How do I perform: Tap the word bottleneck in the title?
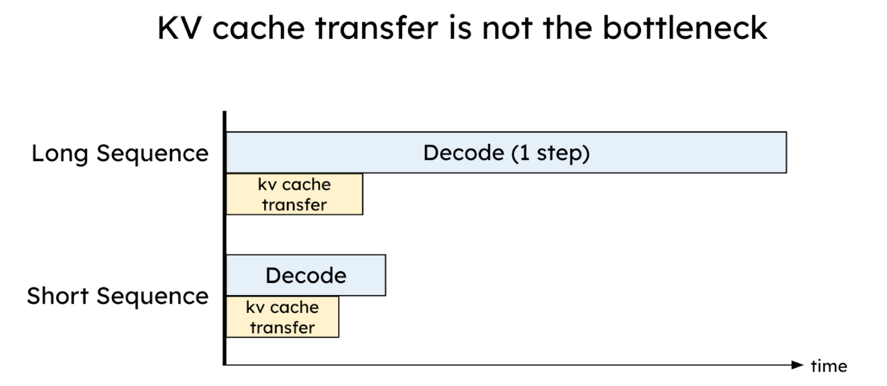685,28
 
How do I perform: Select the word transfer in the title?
376,28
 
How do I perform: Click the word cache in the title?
259,28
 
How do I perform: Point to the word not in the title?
507,28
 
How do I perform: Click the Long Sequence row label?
120,154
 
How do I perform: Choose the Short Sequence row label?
118,296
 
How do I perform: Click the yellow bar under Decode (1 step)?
294,194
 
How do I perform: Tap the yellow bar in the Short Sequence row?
282,317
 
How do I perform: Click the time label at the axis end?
829,366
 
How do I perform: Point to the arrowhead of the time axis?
798,365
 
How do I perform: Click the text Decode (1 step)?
506,153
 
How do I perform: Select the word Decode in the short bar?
305,275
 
